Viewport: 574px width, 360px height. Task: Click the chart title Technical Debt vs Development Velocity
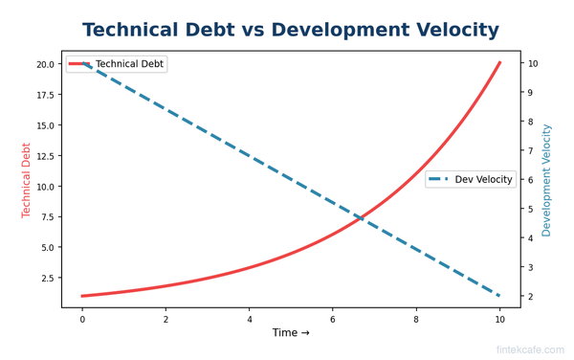(x=291, y=31)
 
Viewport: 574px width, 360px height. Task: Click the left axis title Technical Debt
(x=27, y=180)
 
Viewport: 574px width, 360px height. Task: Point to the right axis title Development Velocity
(x=547, y=180)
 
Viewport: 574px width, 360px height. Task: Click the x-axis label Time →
(x=291, y=333)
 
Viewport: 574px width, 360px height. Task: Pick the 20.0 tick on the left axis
(x=44, y=64)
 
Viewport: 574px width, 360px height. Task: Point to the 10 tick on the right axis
(x=532, y=64)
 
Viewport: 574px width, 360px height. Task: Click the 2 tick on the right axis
(x=530, y=297)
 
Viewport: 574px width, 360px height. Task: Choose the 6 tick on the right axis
(x=530, y=180)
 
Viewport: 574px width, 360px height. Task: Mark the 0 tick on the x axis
(x=82, y=318)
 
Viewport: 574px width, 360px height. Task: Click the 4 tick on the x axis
(x=250, y=318)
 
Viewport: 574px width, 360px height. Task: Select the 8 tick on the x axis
(x=416, y=318)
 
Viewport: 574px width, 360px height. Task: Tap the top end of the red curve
(x=499, y=63)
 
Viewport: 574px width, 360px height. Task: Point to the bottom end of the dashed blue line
(x=499, y=296)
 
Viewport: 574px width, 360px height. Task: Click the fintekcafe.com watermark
(x=530, y=350)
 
